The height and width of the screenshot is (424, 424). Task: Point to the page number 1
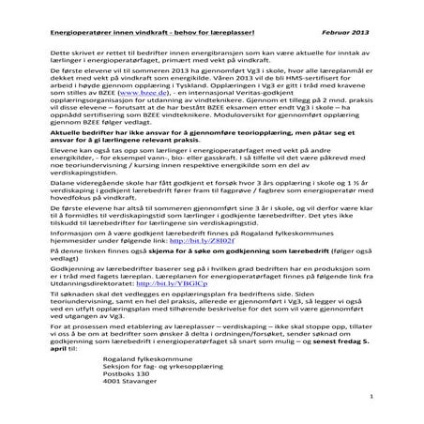coord(372,397)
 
